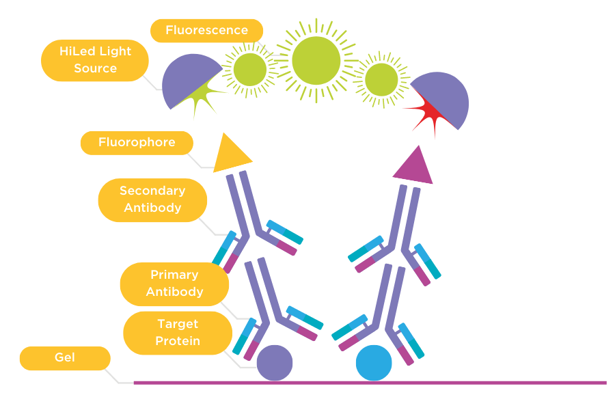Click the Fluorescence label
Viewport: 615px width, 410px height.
[x=206, y=31]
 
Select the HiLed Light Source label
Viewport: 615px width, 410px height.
[x=95, y=60]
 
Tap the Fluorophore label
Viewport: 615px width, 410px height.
[x=137, y=143]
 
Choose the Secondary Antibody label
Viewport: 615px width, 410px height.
[x=152, y=200]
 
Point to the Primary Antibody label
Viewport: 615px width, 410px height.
[x=174, y=284]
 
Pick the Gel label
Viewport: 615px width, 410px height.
[x=65, y=358]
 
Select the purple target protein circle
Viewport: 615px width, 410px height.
[x=274, y=362]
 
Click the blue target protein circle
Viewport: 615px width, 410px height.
[x=374, y=362]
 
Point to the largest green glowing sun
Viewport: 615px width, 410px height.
[x=316, y=60]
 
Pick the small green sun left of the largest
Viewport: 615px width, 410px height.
[x=250, y=69]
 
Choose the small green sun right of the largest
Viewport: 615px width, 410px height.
[x=381, y=79]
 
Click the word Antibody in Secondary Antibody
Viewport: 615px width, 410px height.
[x=152, y=208]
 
